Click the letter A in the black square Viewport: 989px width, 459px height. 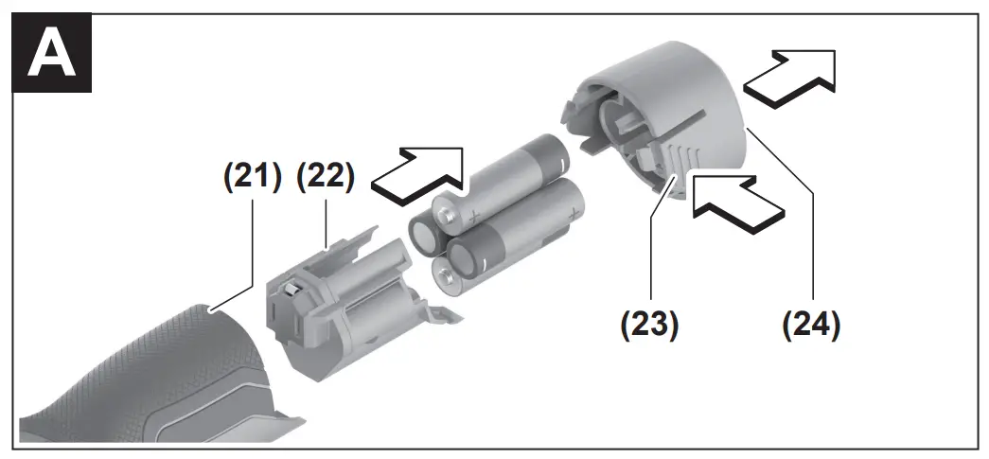pyautogui.click(x=52, y=55)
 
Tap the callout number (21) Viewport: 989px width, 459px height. pyautogui.click(x=253, y=177)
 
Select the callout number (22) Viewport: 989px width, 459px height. pyautogui.click(x=326, y=177)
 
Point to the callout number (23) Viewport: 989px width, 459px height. pyautogui.click(x=649, y=325)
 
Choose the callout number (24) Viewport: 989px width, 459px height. pyautogui.click(x=812, y=325)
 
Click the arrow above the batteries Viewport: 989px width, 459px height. pyautogui.click(x=417, y=175)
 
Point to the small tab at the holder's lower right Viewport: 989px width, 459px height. pyautogui.click(x=444, y=312)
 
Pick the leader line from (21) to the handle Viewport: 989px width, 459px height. pyautogui.click(x=232, y=254)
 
